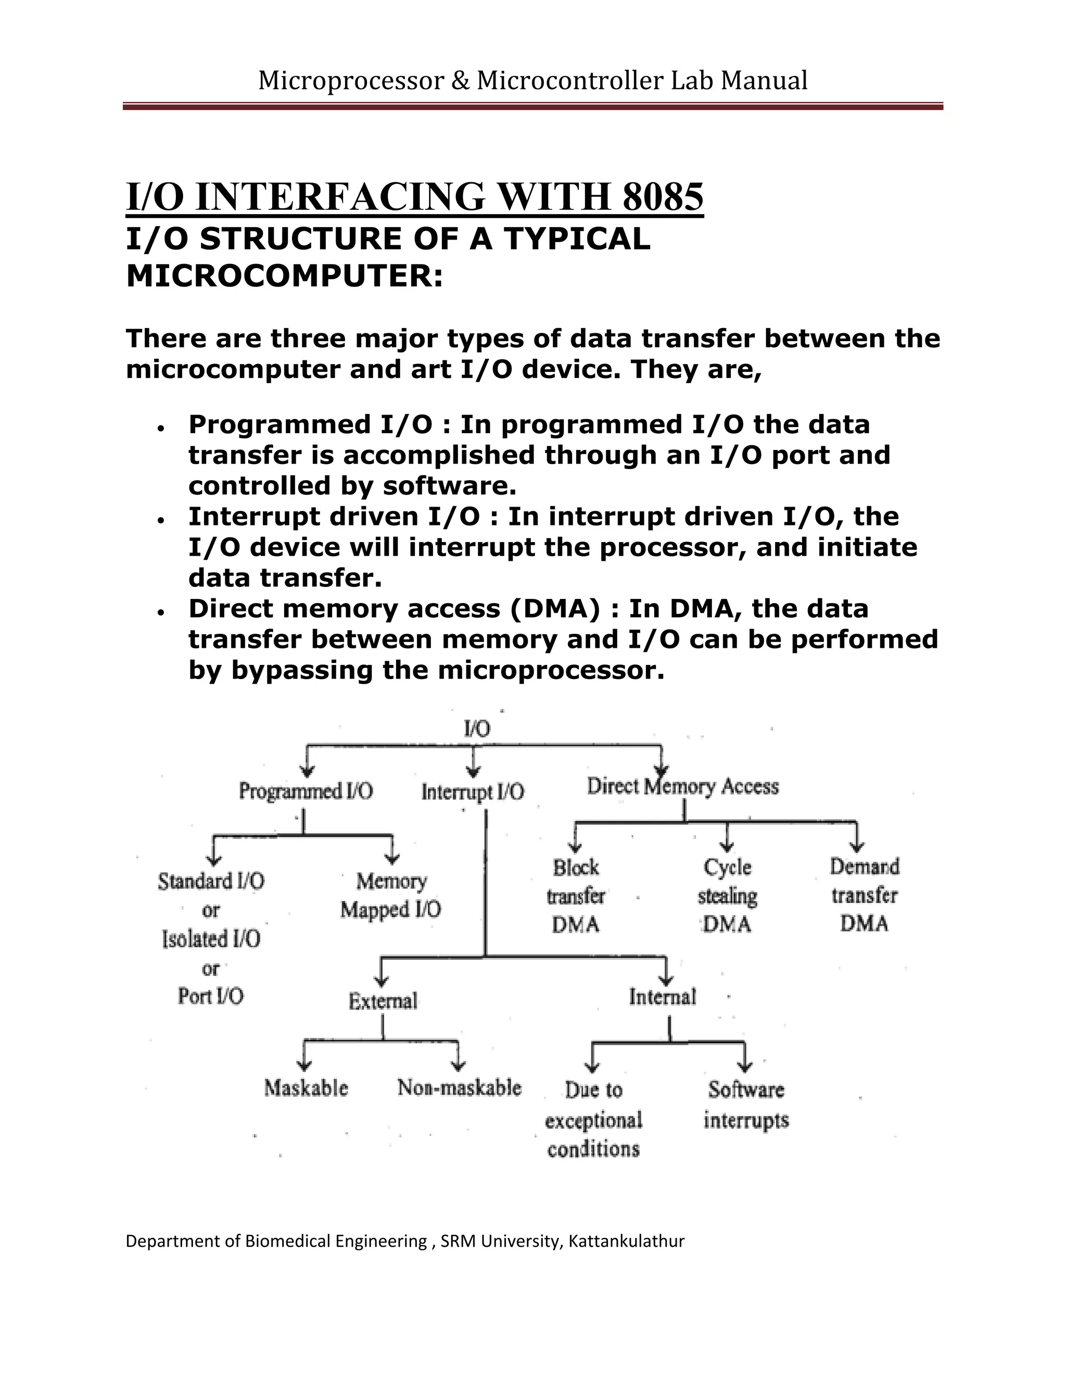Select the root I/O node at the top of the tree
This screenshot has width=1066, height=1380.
point(477,729)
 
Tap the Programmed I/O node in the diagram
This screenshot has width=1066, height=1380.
point(306,791)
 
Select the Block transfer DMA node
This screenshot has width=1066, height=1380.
point(575,896)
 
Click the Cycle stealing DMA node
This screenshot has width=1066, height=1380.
point(728,896)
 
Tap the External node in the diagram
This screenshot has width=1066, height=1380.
point(383,1001)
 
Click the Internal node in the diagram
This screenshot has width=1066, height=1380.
point(662,997)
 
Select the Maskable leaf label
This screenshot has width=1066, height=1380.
point(306,1087)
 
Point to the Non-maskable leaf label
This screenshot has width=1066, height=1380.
point(459,1087)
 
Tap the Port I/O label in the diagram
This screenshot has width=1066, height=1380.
point(210,996)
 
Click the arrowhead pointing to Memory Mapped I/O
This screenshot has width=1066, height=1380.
point(392,859)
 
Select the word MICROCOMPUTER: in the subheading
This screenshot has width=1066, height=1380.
point(285,276)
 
